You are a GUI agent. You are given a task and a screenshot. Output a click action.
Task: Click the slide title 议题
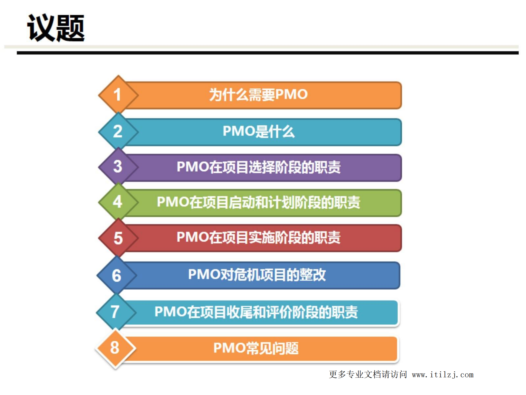(56, 28)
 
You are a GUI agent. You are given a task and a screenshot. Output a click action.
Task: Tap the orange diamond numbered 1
(118, 95)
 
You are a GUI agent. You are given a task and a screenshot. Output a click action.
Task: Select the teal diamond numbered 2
(118, 131)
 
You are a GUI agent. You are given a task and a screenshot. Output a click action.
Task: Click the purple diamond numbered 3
(118, 166)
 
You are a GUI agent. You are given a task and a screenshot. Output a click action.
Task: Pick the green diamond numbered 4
(118, 202)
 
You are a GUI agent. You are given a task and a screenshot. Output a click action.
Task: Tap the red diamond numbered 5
(118, 238)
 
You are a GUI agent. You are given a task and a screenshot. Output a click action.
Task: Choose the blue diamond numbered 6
(116, 275)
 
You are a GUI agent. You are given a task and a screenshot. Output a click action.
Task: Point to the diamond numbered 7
(115, 312)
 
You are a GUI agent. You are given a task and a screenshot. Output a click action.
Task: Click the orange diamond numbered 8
(115, 348)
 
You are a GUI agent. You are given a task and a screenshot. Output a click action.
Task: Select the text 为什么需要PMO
(258, 95)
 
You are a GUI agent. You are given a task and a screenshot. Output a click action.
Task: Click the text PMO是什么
(258, 131)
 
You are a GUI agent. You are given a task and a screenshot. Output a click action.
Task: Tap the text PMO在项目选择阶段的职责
(258, 167)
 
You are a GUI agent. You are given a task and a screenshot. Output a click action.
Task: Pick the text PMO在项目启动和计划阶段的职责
(258, 202)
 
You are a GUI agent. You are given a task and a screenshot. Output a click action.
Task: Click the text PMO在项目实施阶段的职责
(258, 237)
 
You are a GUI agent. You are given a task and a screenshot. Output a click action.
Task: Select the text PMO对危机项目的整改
(257, 275)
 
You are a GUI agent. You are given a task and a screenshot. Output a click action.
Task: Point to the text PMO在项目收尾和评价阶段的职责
(256, 312)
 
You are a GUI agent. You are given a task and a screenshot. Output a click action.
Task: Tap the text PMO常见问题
(256, 348)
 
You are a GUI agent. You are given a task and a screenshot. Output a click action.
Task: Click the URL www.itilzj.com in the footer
(442, 375)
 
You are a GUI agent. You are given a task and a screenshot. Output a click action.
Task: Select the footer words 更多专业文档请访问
(368, 374)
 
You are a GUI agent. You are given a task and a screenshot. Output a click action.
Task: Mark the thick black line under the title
(268, 53)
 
